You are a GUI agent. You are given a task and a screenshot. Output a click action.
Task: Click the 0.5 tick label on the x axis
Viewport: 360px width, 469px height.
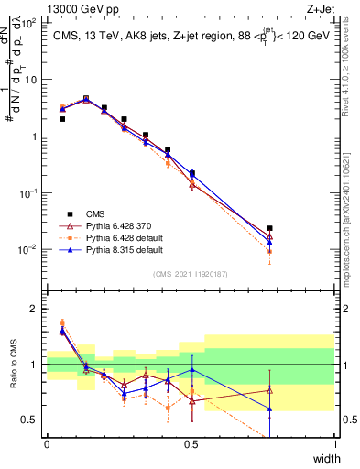point(191,443)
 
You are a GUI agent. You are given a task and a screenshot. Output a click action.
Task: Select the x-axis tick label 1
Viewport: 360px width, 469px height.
point(335,443)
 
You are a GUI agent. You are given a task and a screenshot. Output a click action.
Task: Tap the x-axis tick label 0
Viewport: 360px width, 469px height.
point(47,443)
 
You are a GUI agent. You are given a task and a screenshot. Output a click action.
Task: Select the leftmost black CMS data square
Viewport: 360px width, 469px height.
point(62,119)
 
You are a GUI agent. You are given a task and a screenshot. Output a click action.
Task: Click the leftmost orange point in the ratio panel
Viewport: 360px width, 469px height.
point(62,322)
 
